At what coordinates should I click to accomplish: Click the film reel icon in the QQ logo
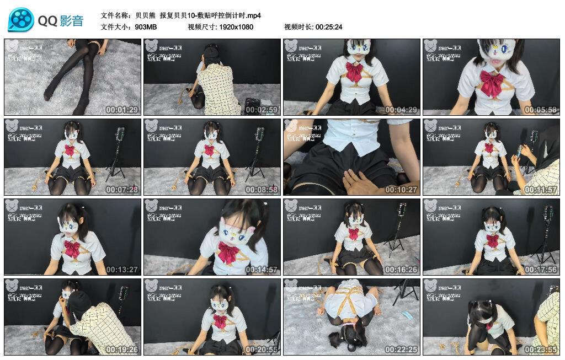pos(21,20)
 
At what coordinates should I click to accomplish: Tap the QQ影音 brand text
pos(61,21)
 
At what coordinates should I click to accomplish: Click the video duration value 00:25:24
pos(329,26)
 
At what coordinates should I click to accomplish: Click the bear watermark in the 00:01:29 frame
pos(12,46)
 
